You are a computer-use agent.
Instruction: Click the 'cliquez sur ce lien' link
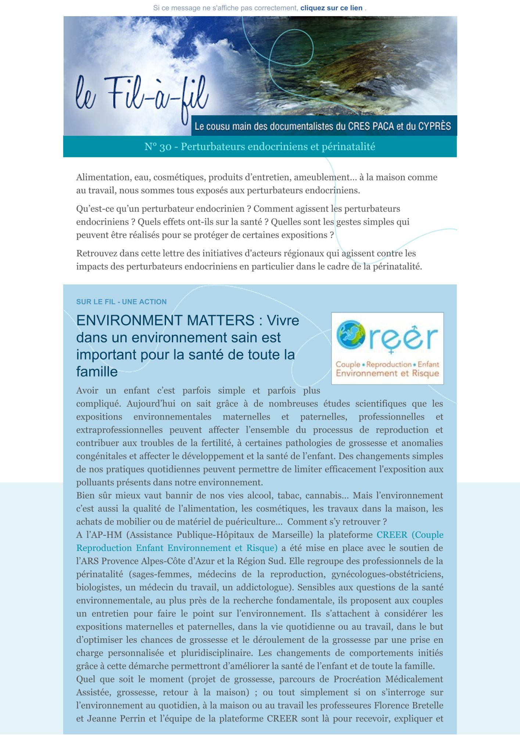click(331, 8)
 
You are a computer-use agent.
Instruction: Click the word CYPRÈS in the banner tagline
click(433, 126)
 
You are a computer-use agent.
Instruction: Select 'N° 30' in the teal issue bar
click(158, 147)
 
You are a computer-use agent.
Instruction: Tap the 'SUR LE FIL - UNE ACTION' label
click(121, 302)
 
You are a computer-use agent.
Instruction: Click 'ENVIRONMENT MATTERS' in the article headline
click(165, 320)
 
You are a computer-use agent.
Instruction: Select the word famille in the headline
click(97, 372)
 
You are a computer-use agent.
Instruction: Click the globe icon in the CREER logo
click(351, 334)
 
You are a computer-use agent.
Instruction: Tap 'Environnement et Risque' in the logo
click(387, 373)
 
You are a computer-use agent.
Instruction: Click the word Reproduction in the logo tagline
click(389, 364)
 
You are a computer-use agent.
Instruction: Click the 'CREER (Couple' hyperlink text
click(410, 535)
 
